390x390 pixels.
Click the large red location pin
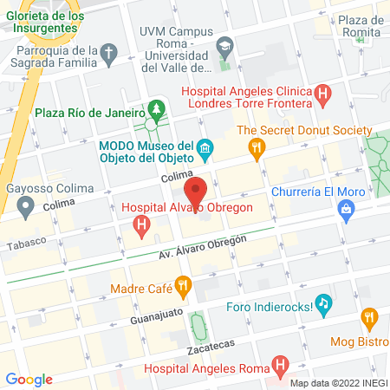(197, 190)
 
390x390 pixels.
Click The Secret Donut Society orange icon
(256, 149)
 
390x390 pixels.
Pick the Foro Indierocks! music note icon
(323, 302)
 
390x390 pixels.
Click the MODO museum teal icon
(205, 148)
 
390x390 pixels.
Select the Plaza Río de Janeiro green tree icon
(156, 109)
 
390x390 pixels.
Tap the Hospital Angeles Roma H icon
(279, 364)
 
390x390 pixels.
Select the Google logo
(29, 379)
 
